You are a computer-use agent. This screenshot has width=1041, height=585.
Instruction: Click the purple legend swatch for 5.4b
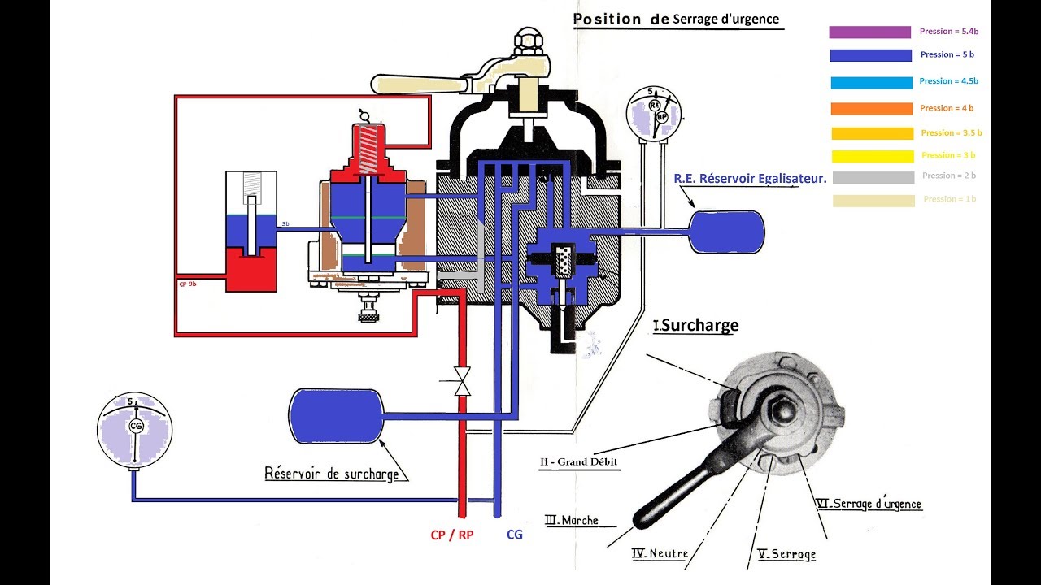click(869, 32)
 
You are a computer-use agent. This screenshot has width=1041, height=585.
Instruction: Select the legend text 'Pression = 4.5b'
click(948, 81)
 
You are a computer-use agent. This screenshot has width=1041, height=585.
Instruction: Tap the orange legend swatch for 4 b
click(871, 109)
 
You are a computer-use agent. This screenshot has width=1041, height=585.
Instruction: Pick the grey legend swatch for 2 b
click(871, 177)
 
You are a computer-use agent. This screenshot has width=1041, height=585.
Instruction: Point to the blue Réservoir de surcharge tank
click(336, 416)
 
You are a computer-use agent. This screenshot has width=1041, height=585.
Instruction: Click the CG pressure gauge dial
click(134, 427)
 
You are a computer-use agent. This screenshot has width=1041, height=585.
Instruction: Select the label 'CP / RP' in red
click(453, 535)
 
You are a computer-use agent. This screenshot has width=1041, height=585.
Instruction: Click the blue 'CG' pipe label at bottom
click(515, 535)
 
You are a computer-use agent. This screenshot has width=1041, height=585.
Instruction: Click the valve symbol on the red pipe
click(463, 381)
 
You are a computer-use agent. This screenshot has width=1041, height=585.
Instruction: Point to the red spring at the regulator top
click(371, 149)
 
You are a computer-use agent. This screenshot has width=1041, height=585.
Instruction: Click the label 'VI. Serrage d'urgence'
click(869, 504)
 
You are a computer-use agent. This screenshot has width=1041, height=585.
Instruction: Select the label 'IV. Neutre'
click(660, 554)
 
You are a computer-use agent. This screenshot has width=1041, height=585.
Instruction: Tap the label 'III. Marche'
click(571, 520)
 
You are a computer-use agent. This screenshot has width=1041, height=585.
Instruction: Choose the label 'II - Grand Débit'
click(578, 462)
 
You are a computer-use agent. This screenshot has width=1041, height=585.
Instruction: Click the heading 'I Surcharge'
click(696, 326)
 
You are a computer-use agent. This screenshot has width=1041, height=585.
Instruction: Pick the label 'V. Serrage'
click(786, 554)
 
